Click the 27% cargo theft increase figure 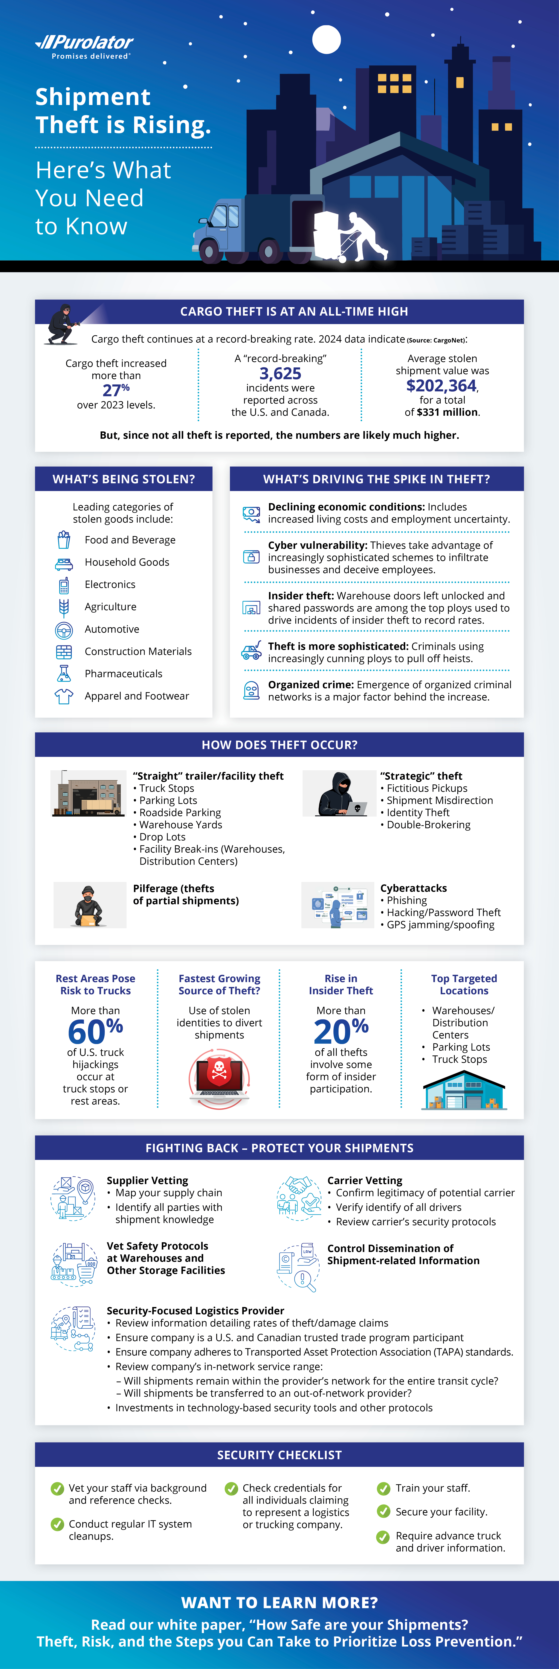[x=116, y=389]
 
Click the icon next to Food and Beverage [x=63, y=540]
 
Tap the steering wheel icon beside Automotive [x=63, y=629]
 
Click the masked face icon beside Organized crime [x=251, y=691]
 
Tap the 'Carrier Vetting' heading [x=365, y=1180]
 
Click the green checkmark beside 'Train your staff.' [x=384, y=1488]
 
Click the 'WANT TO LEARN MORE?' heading [x=279, y=1602]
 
